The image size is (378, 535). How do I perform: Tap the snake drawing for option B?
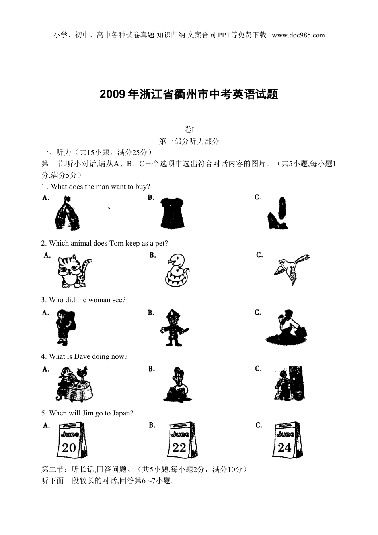click(x=177, y=270)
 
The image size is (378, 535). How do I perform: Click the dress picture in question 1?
click(x=172, y=212)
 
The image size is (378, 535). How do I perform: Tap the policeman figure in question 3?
click(x=174, y=328)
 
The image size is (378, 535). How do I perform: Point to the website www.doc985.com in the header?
click(x=298, y=35)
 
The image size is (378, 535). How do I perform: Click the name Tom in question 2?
click(x=116, y=243)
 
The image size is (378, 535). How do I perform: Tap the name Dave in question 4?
click(x=82, y=356)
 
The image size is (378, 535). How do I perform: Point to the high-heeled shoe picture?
click(x=277, y=213)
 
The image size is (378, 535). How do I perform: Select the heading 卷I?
click(x=189, y=130)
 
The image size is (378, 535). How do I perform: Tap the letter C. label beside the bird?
click(x=259, y=255)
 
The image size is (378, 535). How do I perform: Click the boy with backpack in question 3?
click(x=65, y=327)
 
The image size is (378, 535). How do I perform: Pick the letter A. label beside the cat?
click(x=47, y=255)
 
